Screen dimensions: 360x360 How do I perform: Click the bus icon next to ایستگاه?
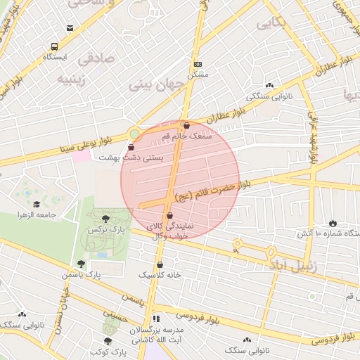pos(49,44)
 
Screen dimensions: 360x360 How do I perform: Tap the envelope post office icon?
pos(70,28)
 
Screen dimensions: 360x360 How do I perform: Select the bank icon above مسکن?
pos(198,63)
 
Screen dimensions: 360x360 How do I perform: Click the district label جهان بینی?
pos(156,84)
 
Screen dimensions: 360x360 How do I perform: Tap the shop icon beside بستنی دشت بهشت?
pos(133,148)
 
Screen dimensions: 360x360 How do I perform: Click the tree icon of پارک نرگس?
pos(105,219)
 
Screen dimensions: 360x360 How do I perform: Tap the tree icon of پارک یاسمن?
pos(82,264)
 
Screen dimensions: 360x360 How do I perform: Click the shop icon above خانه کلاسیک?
pos(160,264)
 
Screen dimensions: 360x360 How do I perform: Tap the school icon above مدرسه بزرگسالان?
pos(157,318)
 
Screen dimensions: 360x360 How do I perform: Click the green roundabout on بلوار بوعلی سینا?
pos(134,134)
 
